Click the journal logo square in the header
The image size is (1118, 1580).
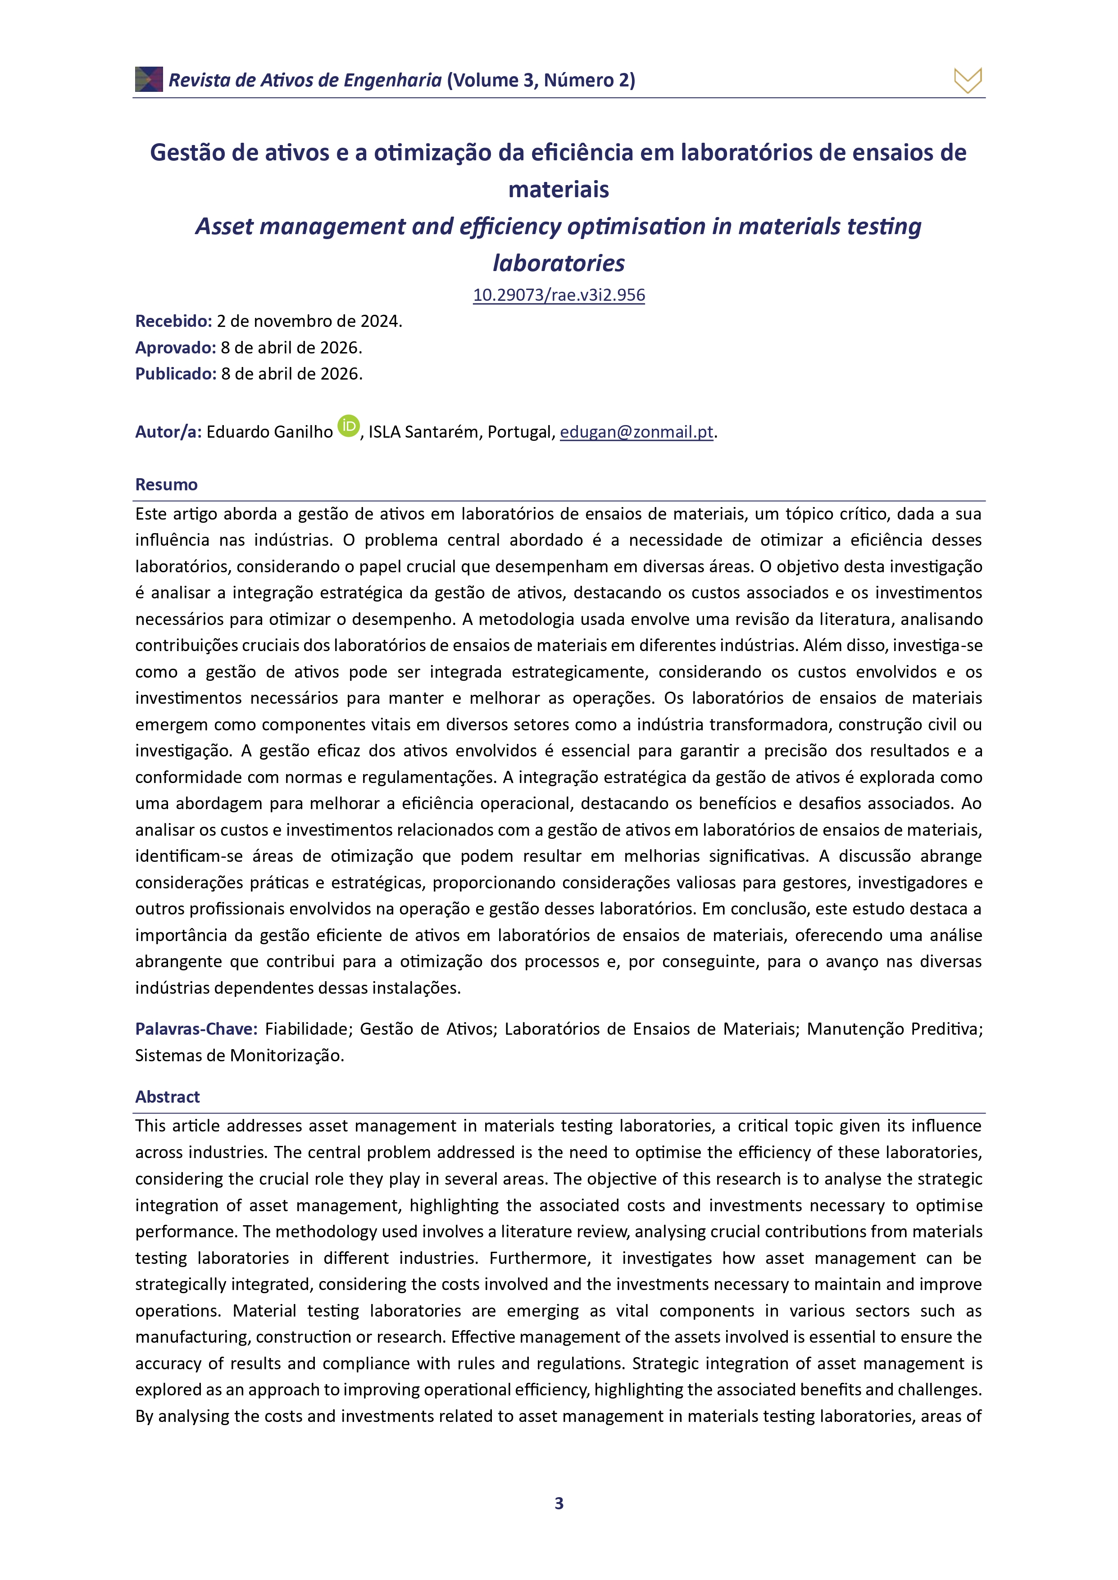click(x=149, y=80)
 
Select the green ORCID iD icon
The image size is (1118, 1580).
click(x=349, y=426)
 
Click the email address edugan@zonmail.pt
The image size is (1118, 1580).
click(x=636, y=432)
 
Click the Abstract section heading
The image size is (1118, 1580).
click(x=167, y=1097)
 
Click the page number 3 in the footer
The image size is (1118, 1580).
click(x=559, y=1503)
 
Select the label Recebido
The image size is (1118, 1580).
click(x=173, y=321)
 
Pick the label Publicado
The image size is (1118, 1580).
click(x=176, y=374)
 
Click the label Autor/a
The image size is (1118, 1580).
click(x=168, y=432)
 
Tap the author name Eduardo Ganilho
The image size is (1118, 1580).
click(x=269, y=432)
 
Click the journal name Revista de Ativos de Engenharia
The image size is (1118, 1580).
click(x=305, y=81)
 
